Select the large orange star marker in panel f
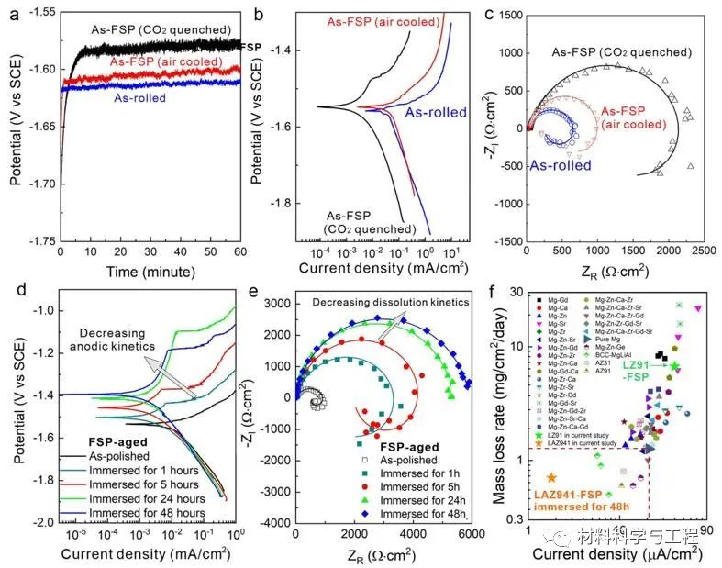[x=552, y=477]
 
